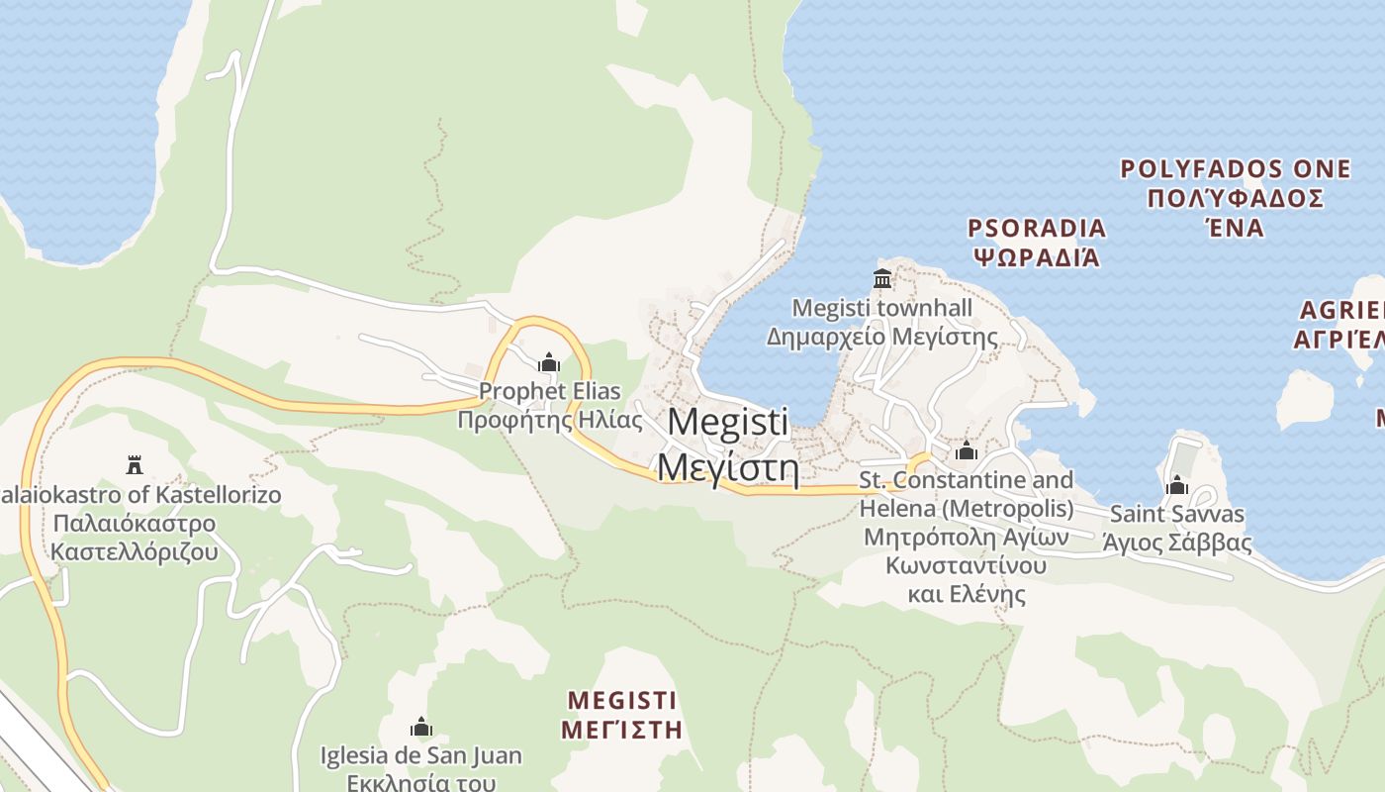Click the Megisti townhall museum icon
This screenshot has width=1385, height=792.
tap(881, 279)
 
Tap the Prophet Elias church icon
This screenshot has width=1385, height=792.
tap(549, 362)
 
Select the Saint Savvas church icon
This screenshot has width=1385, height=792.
tap(1176, 485)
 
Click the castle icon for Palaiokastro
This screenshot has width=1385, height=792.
tap(135, 464)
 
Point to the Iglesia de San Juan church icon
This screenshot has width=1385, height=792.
tap(421, 728)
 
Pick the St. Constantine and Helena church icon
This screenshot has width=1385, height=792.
tap(967, 451)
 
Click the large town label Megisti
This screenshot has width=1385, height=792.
tap(728, 422)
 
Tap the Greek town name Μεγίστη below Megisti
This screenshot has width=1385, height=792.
tap(728, 465)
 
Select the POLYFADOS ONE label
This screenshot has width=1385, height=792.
tap(1236, 169)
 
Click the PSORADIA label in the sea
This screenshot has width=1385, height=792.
tap(1037, 229)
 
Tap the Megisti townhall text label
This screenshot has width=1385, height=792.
tap(882, 308)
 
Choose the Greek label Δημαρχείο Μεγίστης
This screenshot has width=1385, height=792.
tap(882, 337)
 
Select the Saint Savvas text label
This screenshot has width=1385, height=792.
tap(1177, 514)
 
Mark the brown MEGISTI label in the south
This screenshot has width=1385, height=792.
tap(622, 701)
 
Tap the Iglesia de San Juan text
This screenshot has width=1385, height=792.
tap(421, 756)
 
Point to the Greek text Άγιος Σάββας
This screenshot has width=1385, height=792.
tap(1177, 544)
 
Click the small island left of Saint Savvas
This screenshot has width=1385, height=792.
tap(1306, 398)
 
